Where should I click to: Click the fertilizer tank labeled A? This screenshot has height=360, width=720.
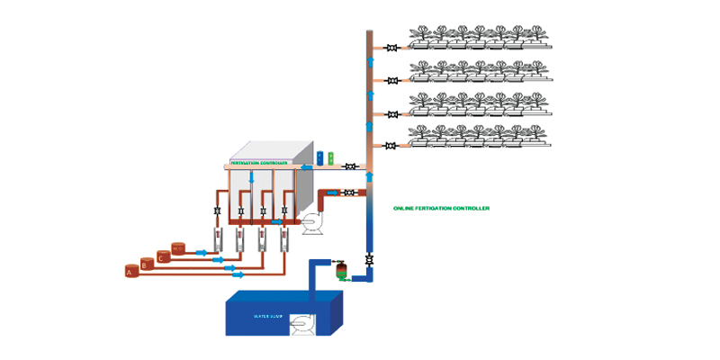pos(130,269)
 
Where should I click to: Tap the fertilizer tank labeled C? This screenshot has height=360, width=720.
pos(162,256)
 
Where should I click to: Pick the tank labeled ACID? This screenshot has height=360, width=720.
pos(178,248)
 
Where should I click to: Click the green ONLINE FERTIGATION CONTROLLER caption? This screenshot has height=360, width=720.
pos(441,208)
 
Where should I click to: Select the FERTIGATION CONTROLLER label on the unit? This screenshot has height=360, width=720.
pos(259,164)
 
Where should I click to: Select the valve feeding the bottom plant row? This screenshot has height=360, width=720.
pos(392,146)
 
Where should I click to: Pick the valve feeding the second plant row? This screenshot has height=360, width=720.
pos(392,81)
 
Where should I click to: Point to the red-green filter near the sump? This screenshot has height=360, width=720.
pos(341,270)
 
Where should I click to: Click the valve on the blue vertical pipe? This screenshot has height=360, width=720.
pos(369,260)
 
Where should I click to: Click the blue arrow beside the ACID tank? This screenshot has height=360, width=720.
pos(200,253)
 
